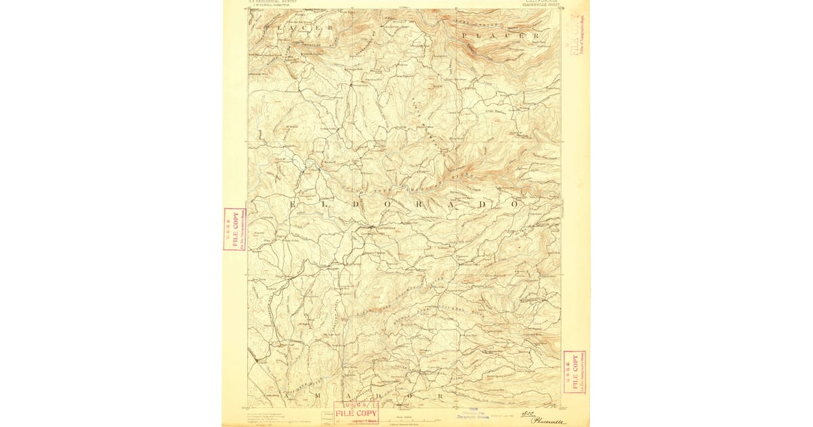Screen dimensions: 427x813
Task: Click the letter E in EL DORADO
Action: [x=293, y=203]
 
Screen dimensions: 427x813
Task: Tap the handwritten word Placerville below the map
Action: [x=547, y=421]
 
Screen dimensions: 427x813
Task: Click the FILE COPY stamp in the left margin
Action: [x=234, y=229]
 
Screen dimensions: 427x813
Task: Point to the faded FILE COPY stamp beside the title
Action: [x=577, y=35]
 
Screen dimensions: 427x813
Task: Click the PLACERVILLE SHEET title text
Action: [x=542, y=5]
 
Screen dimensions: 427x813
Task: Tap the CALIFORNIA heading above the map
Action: [x=541, y=1]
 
